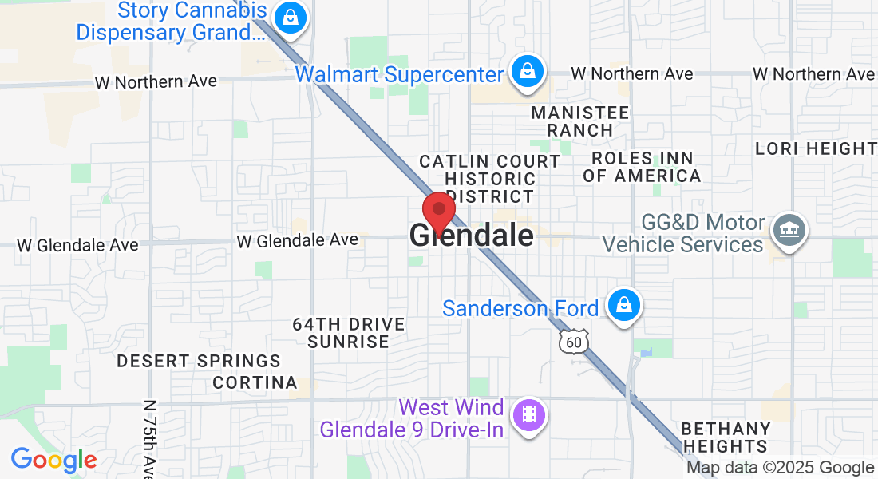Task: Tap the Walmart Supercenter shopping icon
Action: [527, 72]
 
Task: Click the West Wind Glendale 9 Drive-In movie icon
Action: [528, 415]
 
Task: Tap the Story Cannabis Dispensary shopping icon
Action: [288, 17]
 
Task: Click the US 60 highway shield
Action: [575, 342]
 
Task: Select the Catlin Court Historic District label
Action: [490, 179]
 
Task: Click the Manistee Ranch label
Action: [580, 121]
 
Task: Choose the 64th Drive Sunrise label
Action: [349, 333]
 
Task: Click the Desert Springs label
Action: [199, 362]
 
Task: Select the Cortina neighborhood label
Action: [255, 382]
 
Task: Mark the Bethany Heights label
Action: [726, 437]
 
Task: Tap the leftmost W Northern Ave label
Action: [156, 82]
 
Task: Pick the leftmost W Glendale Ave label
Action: [77, 245]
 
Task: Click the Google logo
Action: [53, 460]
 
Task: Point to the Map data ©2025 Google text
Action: [780, 468]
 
